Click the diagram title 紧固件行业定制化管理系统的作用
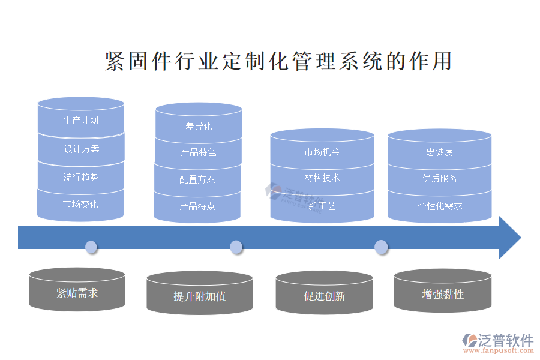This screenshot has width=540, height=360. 278,62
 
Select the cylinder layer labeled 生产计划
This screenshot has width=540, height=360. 81,120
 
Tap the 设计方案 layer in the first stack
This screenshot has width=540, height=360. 81,149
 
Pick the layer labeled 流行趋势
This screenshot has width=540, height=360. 81,177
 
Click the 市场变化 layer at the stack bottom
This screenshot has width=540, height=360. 81,205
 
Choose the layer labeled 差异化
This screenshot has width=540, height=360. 199,126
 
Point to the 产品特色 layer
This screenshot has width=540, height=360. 199,152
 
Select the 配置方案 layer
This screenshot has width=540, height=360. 197,179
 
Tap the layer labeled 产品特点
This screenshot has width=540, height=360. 197,206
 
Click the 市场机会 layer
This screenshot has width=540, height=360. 322,152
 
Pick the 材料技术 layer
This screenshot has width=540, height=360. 322,178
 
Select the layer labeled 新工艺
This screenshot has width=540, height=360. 322,206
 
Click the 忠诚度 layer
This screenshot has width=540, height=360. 440,152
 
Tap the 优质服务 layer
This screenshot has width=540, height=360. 440,178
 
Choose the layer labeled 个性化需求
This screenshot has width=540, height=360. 440,206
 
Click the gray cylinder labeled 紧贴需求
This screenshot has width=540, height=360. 77,293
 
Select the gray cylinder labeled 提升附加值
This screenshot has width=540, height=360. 200,296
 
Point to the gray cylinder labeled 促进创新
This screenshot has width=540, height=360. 325,296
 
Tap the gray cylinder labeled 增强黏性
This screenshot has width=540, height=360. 443,294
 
